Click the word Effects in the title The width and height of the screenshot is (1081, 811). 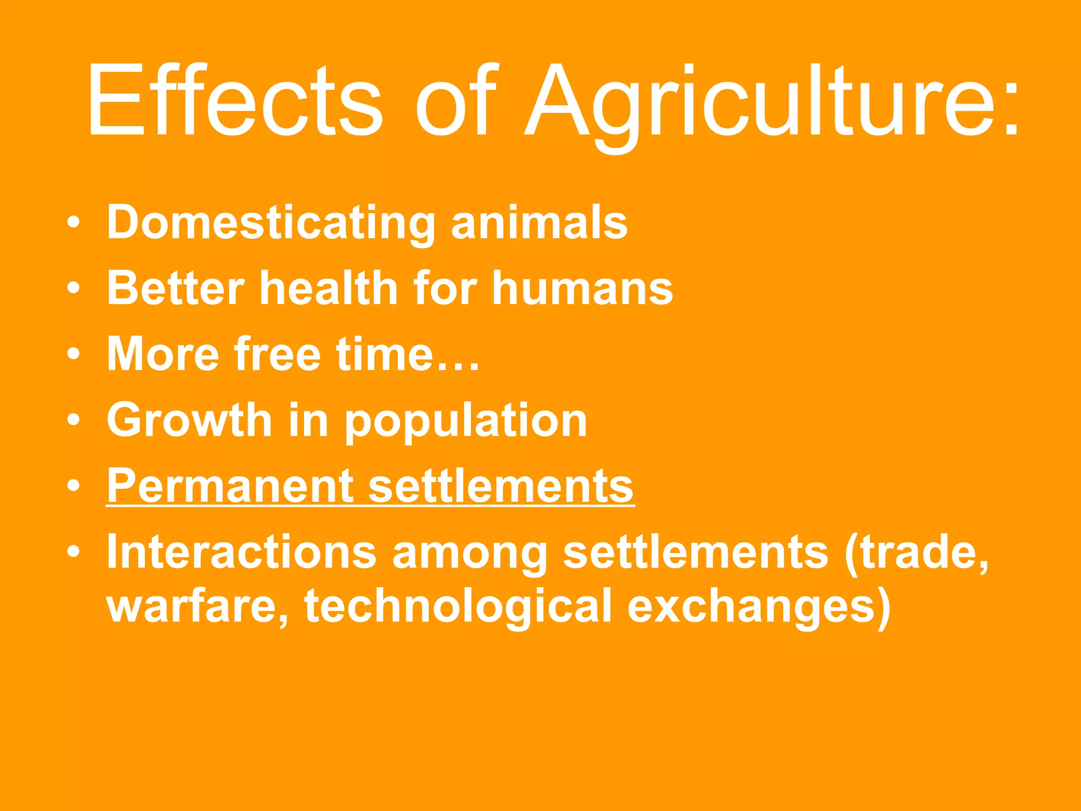(x=235, y=100)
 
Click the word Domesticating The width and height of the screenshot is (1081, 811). (x=271, y=223)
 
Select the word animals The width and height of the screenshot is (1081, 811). (x=539, y=222)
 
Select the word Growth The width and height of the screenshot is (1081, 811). (x=189, y=420)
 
